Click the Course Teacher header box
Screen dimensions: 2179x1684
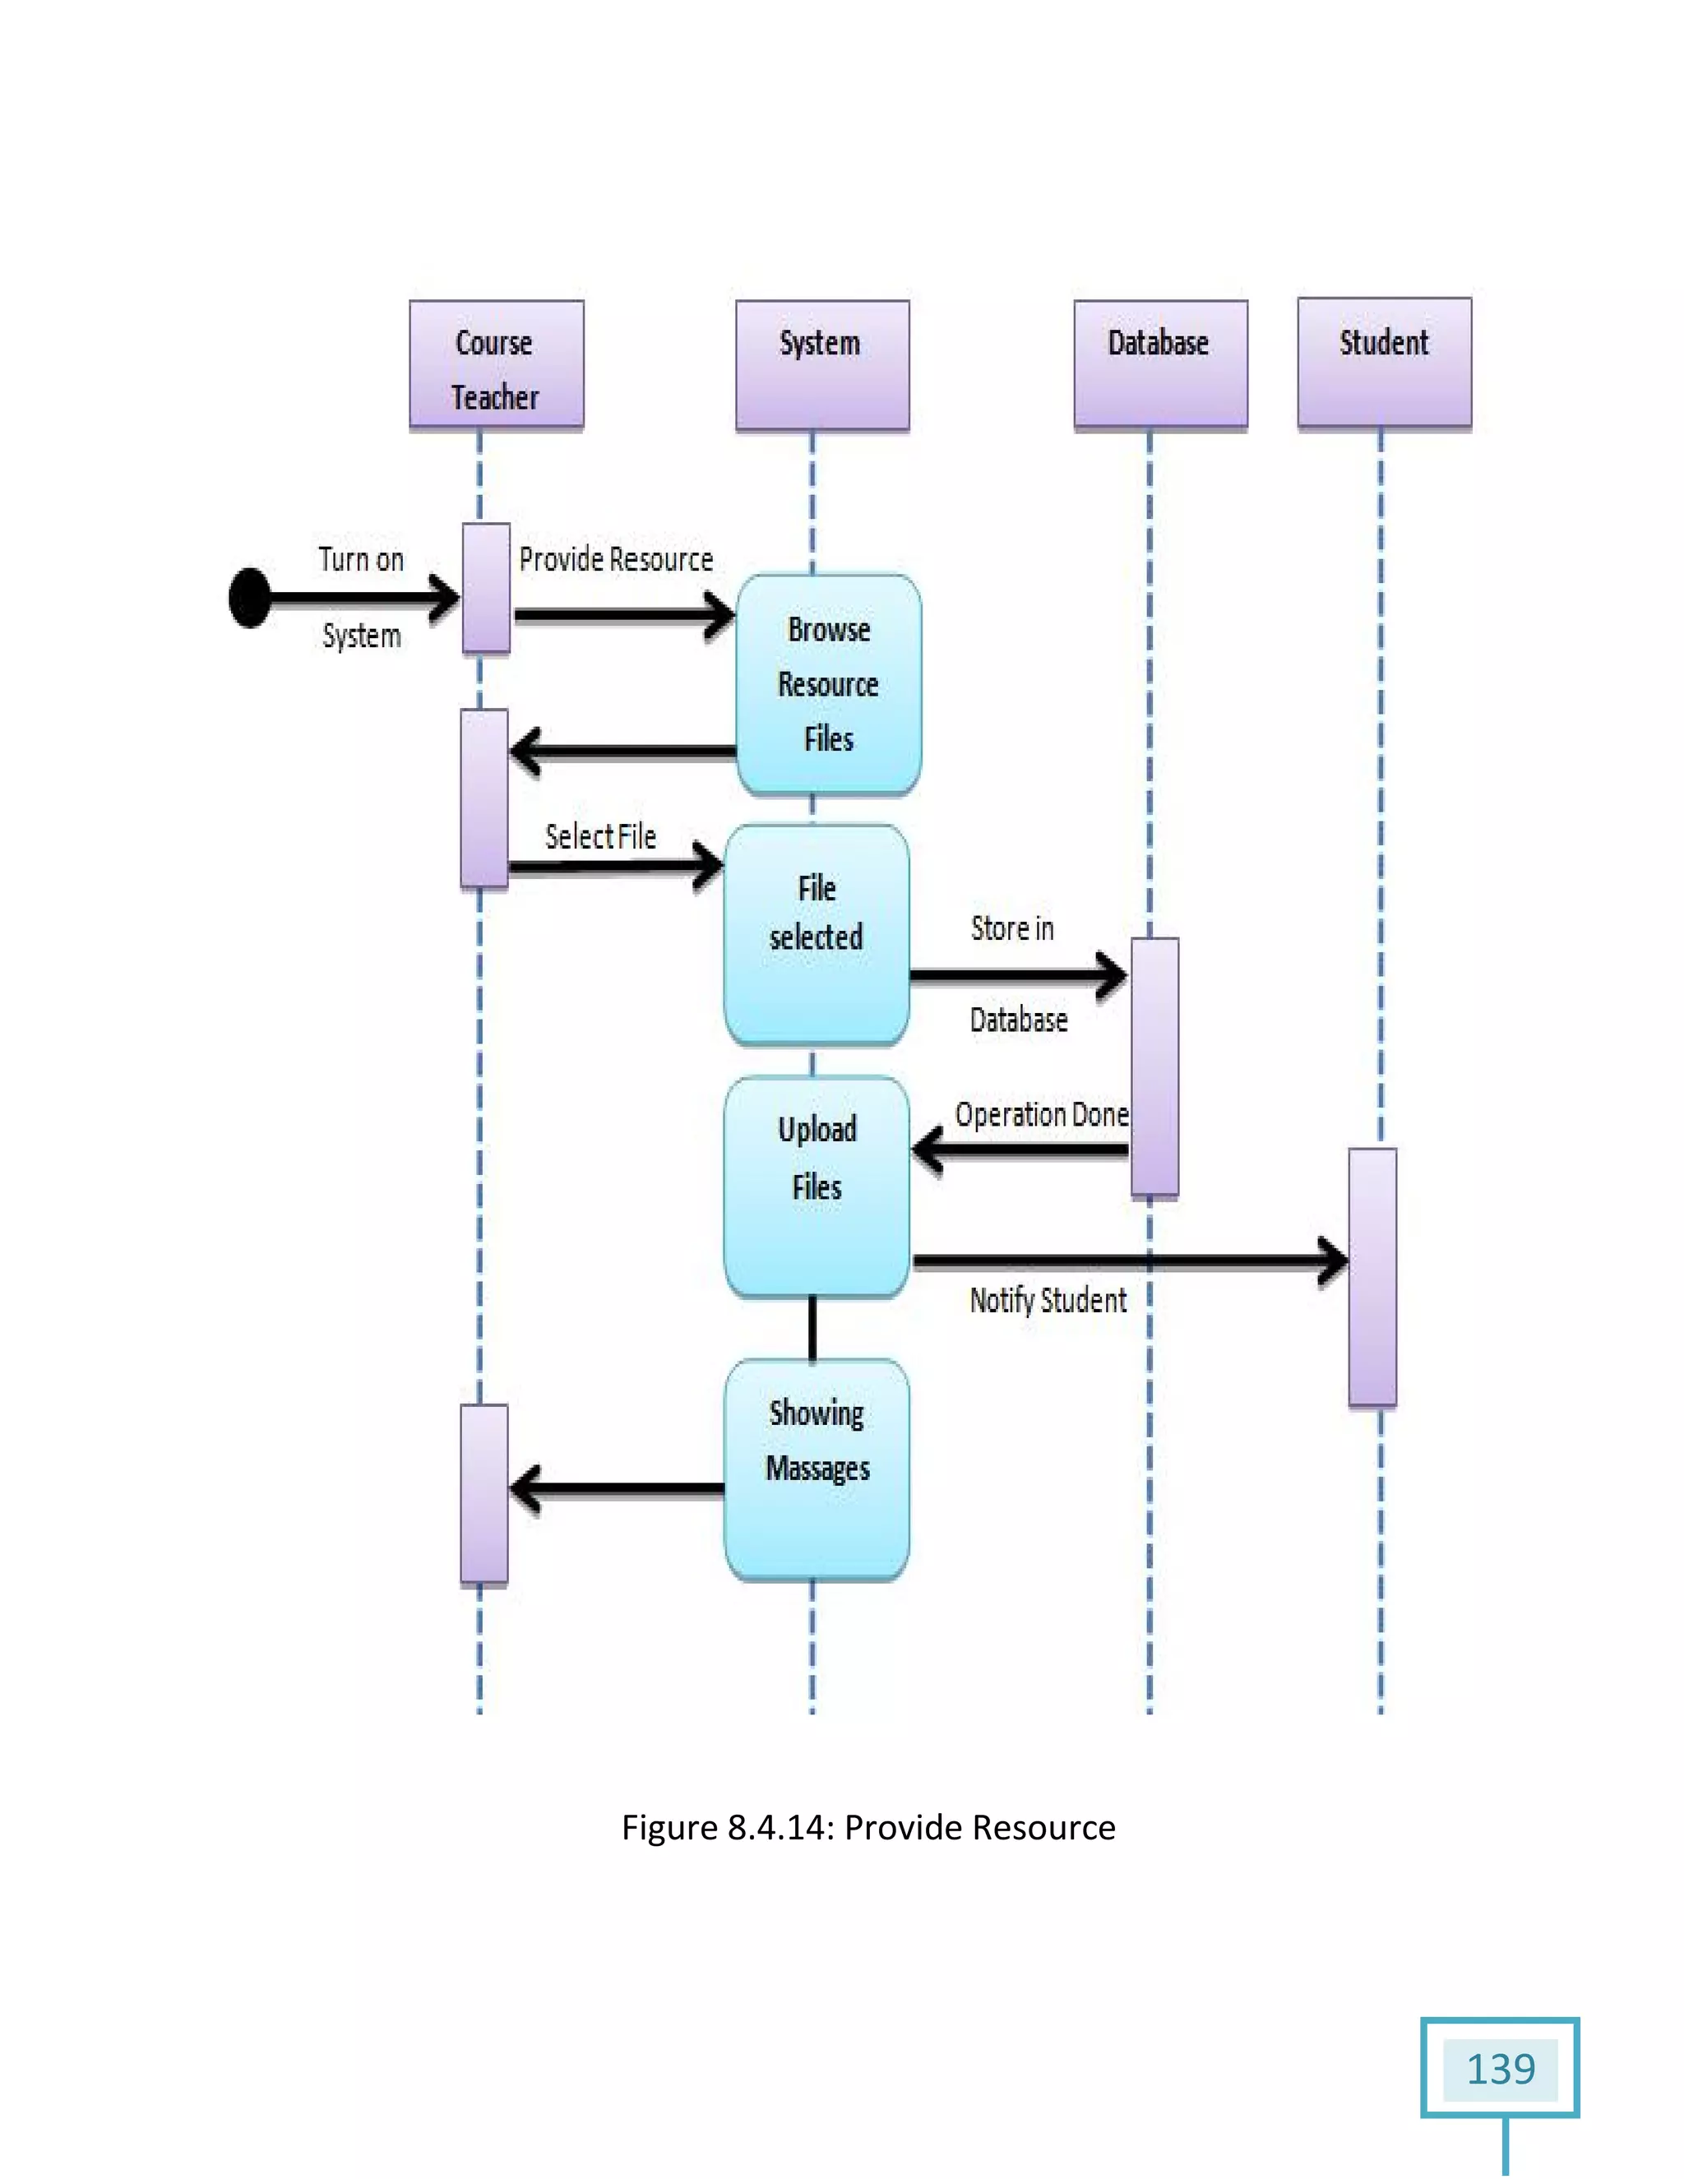tap(496, 365)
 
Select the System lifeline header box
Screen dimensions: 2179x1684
tap(822, 365)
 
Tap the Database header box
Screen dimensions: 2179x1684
tap(1159, 365)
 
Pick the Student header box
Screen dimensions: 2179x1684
tap(1384, 363)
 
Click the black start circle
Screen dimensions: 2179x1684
tap(249, 599)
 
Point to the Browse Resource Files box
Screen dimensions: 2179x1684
tap(828, 684)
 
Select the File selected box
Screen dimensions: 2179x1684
tap(816, 935)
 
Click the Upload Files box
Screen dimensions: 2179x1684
tap(816, 1187)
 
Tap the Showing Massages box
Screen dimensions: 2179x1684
tap(816, 1469)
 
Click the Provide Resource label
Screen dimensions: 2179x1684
tap(616, 560)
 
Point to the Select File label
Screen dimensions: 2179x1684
tap(600, 837)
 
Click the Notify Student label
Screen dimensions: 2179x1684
tap(1048, 1300)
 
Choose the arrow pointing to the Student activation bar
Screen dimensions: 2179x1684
tap(1127, 1261)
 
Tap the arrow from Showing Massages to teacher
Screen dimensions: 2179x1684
tap(618, 1488)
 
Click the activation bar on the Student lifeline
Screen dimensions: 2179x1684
tap(1372, 1277)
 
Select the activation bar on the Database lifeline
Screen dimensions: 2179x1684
tap(1154, 1066)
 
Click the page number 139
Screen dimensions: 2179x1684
tap(1500, 2070)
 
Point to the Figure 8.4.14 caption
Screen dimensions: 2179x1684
tap(868, 1828)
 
